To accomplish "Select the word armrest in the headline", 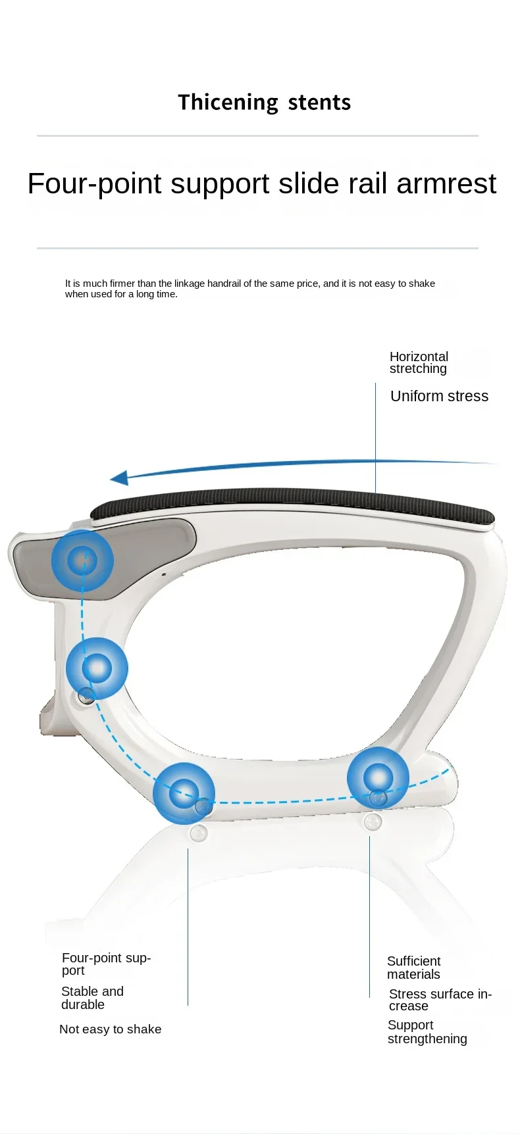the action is [x=446, y=184].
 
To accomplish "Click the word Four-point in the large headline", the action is [x=95, y=184].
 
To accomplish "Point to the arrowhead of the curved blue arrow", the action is [x=119, y=478].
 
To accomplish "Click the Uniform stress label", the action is [x=439, y=396].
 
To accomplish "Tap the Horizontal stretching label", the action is [x=419, y=362].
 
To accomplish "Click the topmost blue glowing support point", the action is [x=82, y=560].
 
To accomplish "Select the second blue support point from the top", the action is [x=97, y=668].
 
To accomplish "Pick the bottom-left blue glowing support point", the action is [x=184, y=793].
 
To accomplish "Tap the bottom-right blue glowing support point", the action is [x=378, y=777].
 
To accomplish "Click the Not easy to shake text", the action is [x=110, y=1029].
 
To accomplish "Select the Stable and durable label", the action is [x=92, y=998].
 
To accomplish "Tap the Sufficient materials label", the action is [x=414, y=968].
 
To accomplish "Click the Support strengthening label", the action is [x=427, y=1032].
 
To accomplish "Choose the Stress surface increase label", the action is [x=440, y=1000].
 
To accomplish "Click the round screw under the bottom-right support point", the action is [x=373, y=822].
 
